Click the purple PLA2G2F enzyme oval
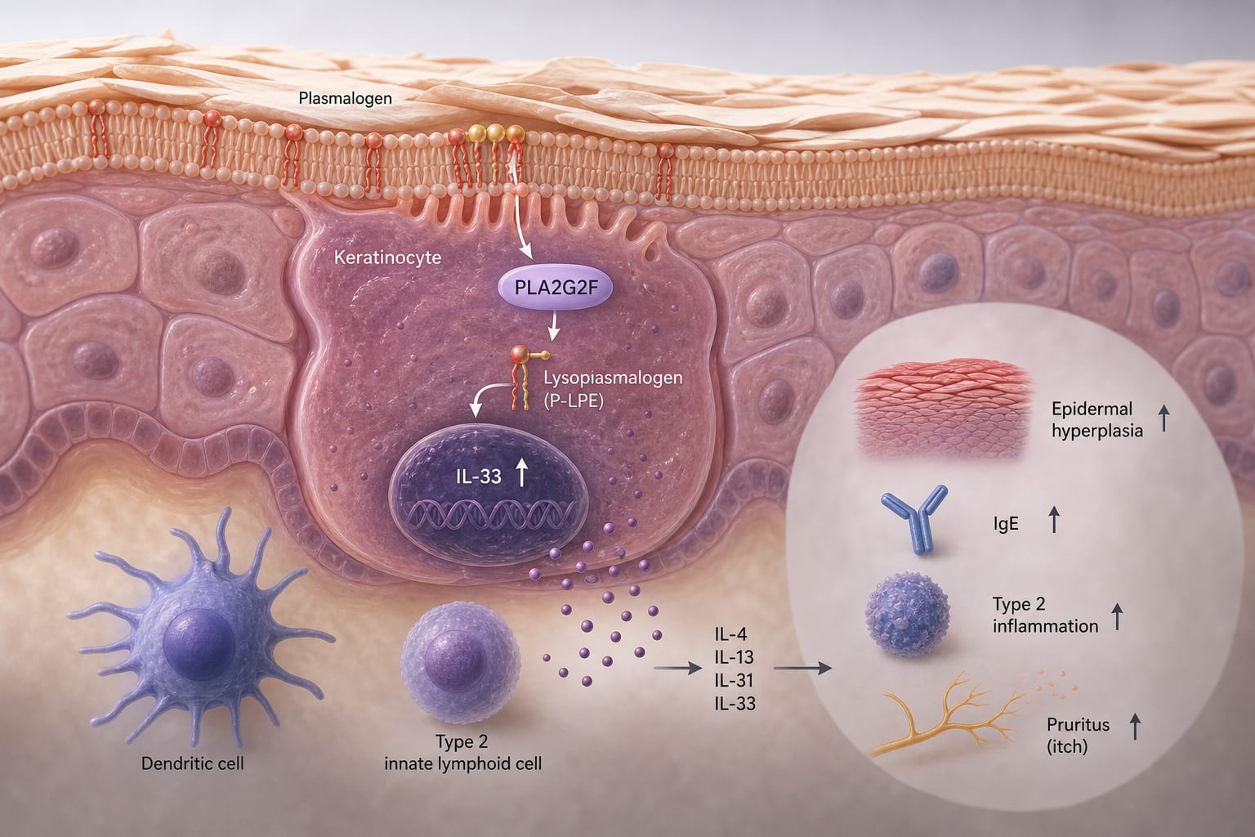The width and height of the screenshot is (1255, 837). (x=555, y=287)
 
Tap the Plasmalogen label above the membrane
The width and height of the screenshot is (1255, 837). (x=345, y=99)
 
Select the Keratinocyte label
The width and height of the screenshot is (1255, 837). (x=388, y=257)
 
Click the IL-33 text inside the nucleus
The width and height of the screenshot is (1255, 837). (x=479, y=476)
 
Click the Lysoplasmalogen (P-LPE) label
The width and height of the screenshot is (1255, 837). (x=613, y=389)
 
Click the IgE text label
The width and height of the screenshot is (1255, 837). (x=1006, y=524)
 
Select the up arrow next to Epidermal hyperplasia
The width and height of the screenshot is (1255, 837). (x=1163, y=418)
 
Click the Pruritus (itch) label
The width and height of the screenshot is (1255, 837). (x=1078, y=736)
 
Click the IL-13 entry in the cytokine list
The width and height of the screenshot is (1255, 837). (x=734, y=656)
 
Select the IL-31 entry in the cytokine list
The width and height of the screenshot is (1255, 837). (x=734, y=680)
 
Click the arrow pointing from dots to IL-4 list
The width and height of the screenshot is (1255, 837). (x=677, y=669)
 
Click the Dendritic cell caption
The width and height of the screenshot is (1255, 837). (x=192, y=763)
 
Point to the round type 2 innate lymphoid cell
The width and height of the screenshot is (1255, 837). (x=461, y=663)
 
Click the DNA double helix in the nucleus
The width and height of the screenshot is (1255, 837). (x=489, y=515)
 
